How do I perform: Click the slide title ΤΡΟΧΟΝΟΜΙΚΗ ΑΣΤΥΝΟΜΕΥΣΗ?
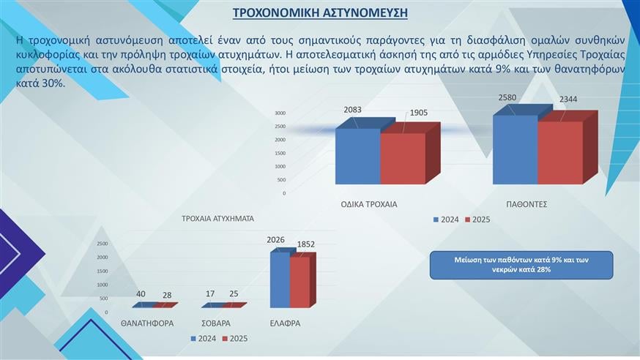[320, 13]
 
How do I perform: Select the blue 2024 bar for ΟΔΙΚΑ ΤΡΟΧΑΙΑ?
[357, 156]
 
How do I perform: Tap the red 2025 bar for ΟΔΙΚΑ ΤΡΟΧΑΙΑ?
[402, 158]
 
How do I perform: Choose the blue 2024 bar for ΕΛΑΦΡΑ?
[280, 280]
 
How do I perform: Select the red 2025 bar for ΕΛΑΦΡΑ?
[299, 282]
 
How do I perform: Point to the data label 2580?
[507, 97]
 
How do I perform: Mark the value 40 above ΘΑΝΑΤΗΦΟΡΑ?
[141, 294]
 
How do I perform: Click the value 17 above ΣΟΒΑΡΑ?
[210, 294]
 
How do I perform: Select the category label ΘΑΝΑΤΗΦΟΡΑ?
[146, 323]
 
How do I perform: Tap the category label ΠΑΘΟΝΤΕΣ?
[526, 204]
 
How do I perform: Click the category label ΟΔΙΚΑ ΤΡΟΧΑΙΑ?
[369, 204]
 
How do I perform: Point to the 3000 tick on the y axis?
[280, 113]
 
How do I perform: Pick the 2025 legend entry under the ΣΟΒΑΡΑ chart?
[235, 339]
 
